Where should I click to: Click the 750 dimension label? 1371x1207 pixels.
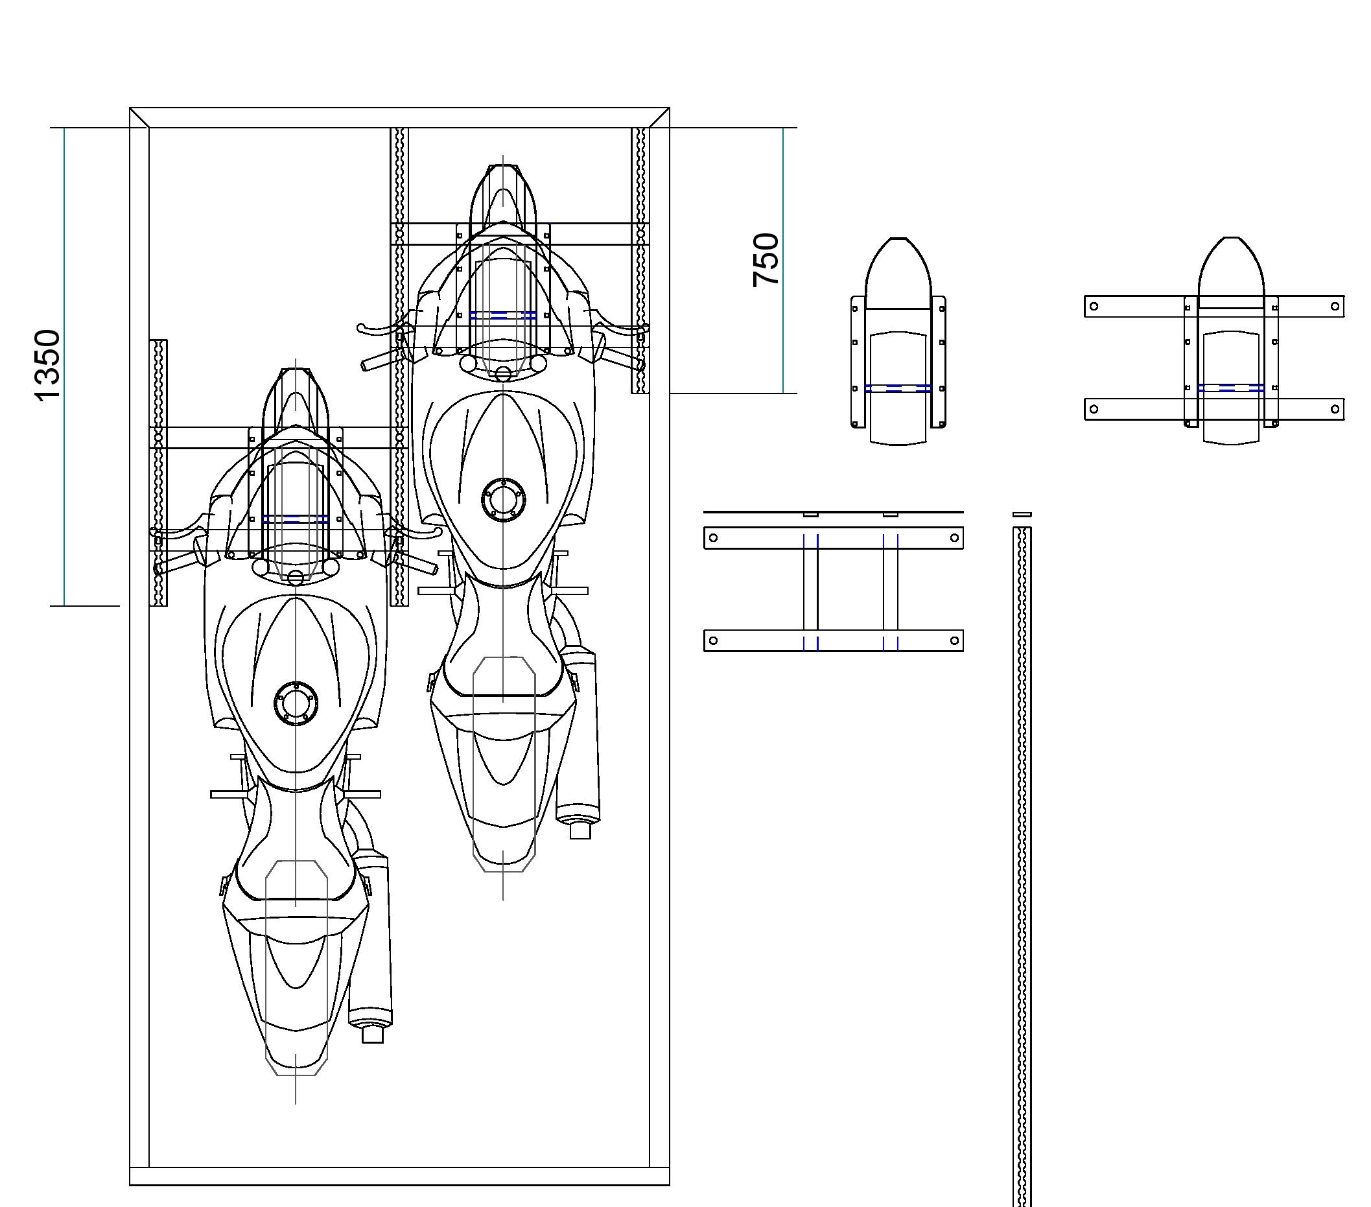tap(766, 261)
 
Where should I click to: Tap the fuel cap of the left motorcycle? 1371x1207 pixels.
tap(296, 703)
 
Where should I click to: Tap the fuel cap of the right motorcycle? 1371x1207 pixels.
tap(504, 499)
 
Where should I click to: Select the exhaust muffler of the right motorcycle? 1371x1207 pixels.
tap(578, 742)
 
